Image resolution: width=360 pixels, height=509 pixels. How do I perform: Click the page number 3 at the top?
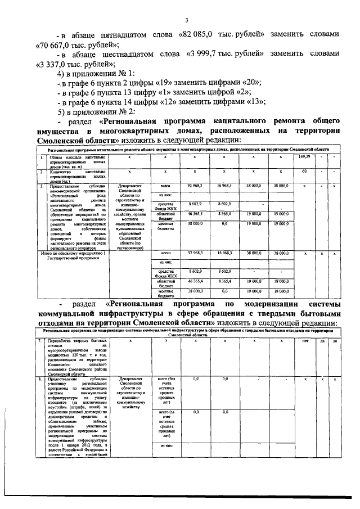pos(186,21)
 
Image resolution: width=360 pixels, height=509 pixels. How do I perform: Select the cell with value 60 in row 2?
pos(304,170)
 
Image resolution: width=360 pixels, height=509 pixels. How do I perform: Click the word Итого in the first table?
pos(43,254)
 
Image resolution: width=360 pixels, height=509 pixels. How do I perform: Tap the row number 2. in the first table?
pos(41,170)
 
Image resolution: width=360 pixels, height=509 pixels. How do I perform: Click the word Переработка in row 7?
pos(61,341)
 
